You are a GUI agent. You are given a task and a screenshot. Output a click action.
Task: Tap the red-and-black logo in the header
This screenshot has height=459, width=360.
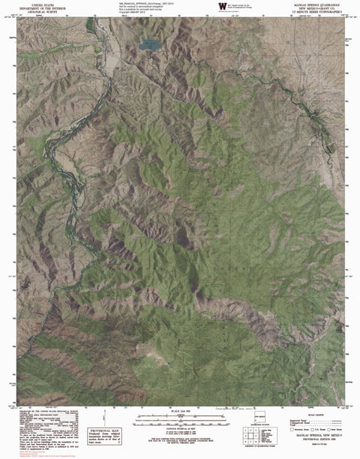[x=222, y=7]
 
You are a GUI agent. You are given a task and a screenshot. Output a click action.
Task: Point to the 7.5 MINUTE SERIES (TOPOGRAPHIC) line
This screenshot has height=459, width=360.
[x=314, y=13]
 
